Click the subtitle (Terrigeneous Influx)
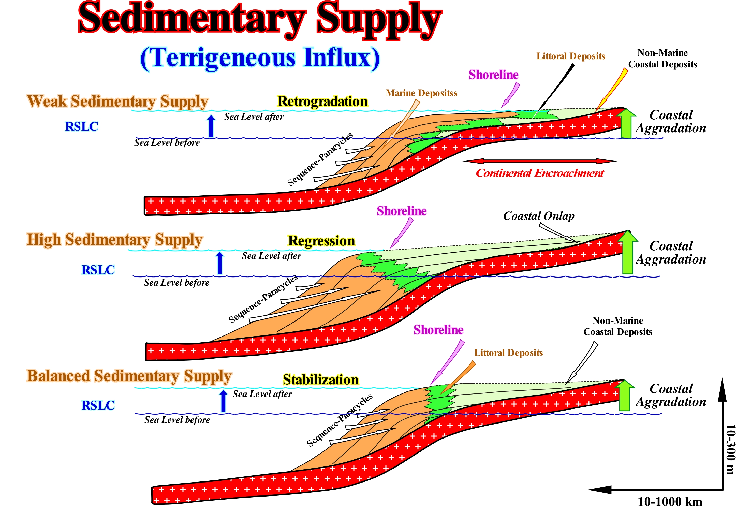(260, 58)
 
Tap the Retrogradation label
(322, 101)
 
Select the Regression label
(321, 241)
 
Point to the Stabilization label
(320, 380)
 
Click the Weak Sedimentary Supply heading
(118, 101)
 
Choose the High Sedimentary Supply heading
(114, 240)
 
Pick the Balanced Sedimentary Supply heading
(129, 376)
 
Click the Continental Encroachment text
(539, 173)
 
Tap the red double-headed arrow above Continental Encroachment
(540, 161)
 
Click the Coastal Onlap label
(539, 216)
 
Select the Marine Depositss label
(421, 93)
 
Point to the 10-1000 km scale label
(670, 502)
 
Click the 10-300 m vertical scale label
(730, 449)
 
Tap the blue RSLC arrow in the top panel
(211, 126)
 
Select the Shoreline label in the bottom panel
(438, 330)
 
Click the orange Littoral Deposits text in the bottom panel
(508, 353)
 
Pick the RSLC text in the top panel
(81, 127)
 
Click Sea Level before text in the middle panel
(176, 283)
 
